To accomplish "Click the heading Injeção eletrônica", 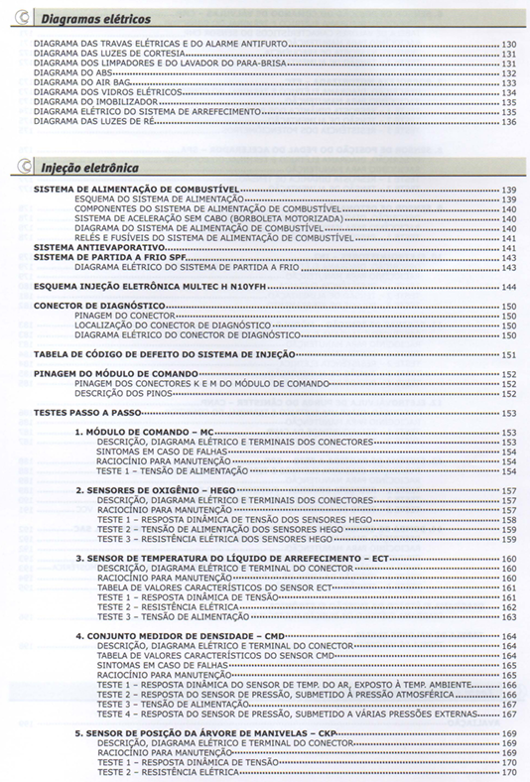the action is pos(82,169).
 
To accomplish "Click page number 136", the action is pos(508,122).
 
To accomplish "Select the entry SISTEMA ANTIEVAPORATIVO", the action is pos(87,247).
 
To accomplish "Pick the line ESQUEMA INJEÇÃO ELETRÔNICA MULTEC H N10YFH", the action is pos(143,286).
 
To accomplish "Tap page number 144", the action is pos(508,286).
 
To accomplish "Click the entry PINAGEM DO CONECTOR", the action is pos(120,316).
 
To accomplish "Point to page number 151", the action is pos(508,354).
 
